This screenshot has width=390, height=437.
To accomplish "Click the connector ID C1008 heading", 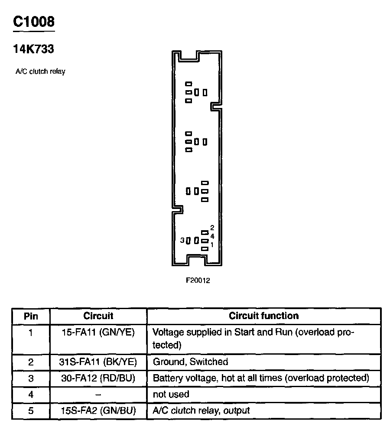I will [x=34, y=22].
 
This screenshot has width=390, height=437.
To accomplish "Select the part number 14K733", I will [x=34, y=49].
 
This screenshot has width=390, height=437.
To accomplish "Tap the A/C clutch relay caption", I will [x=40, y=72].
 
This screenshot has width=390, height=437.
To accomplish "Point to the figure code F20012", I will [x=198, y=280].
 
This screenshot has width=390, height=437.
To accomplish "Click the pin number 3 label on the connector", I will [x=183, y=240].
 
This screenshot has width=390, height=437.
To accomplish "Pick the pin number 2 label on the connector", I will [x=212, y=228].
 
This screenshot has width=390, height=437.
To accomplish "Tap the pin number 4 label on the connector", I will [x=212, y=236].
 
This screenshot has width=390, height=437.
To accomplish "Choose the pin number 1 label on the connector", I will [x=212, y=245].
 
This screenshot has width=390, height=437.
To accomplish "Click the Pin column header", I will [x=31, y=316].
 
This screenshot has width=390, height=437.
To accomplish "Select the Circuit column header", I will [x=98, y=316].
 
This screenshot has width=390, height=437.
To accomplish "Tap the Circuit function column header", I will [x=263, y=316].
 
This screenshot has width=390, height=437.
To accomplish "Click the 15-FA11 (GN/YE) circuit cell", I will [x=98, y=333].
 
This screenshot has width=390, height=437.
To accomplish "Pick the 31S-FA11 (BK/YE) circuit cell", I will [x=98, y=362].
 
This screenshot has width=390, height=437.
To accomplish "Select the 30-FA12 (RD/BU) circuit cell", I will [x=98, y=378].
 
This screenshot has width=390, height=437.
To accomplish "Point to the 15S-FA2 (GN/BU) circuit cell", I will [x=98, y=411].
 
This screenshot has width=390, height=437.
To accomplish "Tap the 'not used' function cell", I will [x=171, y=394].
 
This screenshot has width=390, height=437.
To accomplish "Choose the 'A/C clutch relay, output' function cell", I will [x=201, y=411].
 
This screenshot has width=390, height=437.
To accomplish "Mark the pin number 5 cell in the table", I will [x=31, y=411].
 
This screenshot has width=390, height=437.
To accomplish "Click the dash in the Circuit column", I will [x=98, y=394].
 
